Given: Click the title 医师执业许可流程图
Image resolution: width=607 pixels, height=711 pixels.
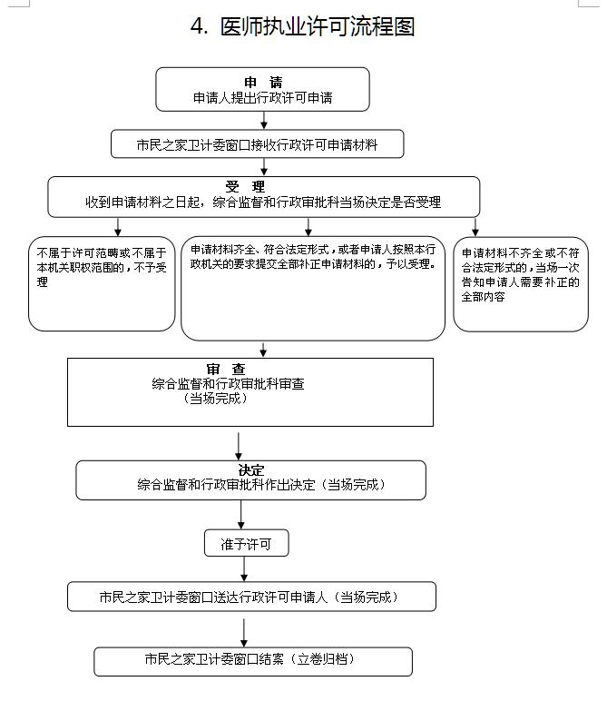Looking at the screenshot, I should (317, 27).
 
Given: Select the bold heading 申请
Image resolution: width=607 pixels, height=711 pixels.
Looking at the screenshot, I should (263, 83).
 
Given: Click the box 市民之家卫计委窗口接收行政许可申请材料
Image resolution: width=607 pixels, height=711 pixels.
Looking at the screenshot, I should (257, 144).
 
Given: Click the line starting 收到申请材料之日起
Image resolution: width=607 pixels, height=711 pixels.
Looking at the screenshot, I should (263, 202).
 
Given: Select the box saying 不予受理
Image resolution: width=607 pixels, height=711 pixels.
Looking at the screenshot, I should (101, 283).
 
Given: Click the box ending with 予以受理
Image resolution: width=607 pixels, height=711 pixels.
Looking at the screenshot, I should (313, 288).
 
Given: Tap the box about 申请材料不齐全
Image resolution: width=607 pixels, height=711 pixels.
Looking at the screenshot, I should (520, 283).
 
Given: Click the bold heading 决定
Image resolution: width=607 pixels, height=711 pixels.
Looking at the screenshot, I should (250, 470).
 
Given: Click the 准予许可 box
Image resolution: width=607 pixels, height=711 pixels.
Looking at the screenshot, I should (247, 544).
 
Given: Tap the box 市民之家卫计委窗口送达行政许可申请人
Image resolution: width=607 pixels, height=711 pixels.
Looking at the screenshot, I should (250, 597).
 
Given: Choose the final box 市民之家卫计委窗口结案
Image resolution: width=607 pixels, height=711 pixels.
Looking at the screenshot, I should (252, 660).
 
